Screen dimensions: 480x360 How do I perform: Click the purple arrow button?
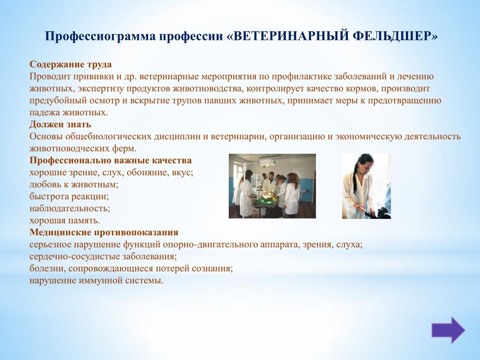click(x=448, y=330)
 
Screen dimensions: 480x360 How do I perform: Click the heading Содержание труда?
click(x=71, y=64)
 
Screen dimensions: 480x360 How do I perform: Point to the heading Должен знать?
click(x=60, y=124)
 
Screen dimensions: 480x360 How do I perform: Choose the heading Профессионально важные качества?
click(x=111, y=160)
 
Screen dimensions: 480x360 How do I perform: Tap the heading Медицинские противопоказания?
click(x=104, y=232)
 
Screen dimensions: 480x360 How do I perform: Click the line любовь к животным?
click(x=74, y=184)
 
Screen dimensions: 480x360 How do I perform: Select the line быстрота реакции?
click(x=69, y=196)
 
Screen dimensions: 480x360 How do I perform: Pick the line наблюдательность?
click(x=70, y=209)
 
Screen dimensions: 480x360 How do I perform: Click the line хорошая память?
click(x=65, y=220)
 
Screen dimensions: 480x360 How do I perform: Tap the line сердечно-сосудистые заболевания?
click(x=103, y=256)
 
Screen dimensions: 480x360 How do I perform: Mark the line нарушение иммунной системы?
click(x=97, y=280)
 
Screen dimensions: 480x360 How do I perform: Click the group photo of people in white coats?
click(x=272, y=186)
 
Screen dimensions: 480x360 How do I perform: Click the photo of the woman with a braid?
click(x=367, y=186)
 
